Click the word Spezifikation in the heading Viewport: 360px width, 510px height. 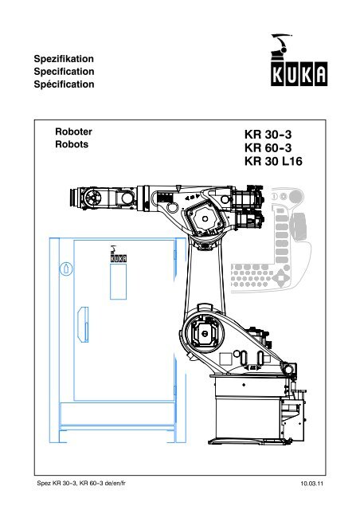point(64,59)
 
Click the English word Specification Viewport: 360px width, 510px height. point(64,72)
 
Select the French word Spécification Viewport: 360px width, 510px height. point(64,84)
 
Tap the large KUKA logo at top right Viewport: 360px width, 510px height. point(299,61)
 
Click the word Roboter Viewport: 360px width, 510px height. point(73,131)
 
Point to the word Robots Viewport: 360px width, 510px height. point(72,144)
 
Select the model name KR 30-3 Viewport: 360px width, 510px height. point(268,135)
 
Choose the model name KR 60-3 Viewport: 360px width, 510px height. point(268,147)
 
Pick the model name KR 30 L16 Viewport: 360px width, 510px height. point(273,161)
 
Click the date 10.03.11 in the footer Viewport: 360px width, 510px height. point(312,484)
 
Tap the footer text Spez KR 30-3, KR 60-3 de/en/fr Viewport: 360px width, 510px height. point(81,483)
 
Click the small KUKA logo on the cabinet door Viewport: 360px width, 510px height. point(118,254)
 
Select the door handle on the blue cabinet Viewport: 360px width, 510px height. point(84,324)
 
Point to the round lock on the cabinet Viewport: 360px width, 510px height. point(66,269)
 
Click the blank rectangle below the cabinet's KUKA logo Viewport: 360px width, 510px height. point(118,281)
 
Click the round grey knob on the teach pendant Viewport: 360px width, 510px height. point(296,197)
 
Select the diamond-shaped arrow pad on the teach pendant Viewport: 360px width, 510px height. point(280,279)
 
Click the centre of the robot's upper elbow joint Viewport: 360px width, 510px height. point(205,218)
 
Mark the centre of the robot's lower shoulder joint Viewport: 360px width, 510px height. point(205,333)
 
